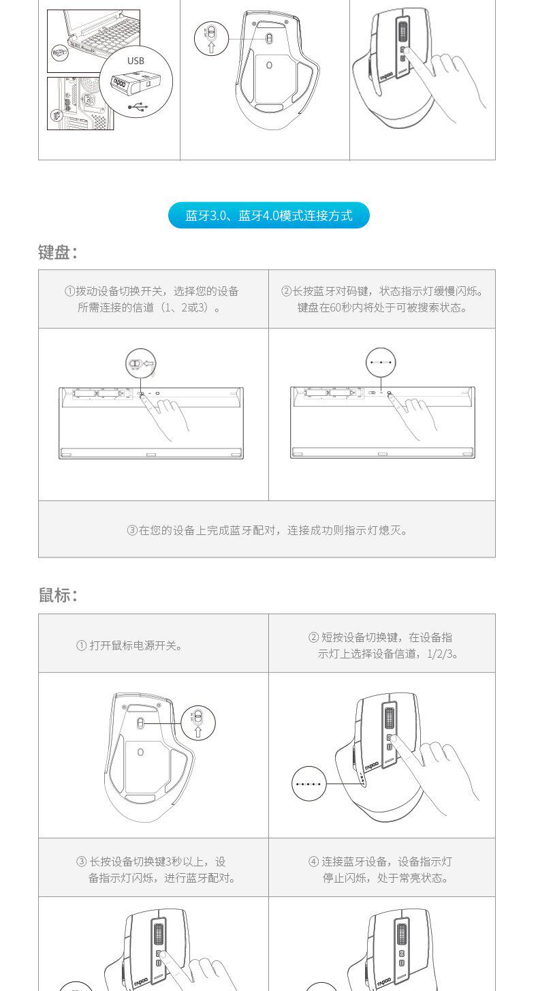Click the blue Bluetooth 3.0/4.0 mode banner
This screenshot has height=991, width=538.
pos(269,215)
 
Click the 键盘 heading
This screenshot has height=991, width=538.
pos(57,253)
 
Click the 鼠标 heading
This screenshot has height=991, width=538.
pos(57,595)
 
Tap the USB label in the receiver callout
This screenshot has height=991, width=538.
pos(136,61)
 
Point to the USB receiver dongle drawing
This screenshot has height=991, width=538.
pos(136,82)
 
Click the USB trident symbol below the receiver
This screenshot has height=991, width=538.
pos(138,106)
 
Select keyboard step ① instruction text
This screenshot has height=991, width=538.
pos(151,299)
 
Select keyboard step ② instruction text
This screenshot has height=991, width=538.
pos(382,299)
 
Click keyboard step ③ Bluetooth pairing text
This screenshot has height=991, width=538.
pos(267,530)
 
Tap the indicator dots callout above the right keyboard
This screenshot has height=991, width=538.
pos(381,363)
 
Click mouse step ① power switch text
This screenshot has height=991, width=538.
pos(129,645)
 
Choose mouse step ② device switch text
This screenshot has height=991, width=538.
pos(383,645)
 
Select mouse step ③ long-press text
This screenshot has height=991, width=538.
pos(156,869)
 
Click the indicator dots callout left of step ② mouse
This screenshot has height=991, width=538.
pos(309,784)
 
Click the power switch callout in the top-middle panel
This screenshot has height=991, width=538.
pos(211,38)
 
